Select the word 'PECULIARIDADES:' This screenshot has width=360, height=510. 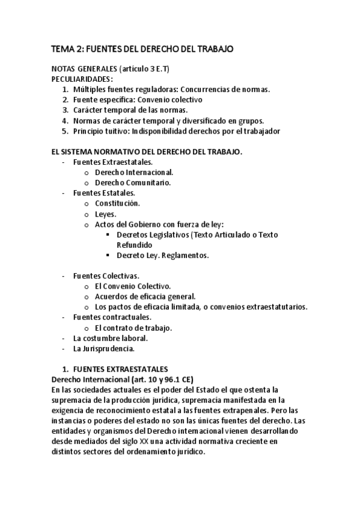tap(82, 79)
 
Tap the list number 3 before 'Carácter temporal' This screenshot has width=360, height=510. tap(65, 110)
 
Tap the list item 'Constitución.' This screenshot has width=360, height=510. tap(118, 203)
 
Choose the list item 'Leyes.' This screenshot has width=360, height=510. tap(106, 214)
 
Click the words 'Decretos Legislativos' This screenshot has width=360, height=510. tap(152, 235)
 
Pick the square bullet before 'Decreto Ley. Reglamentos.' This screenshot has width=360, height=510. tap(108, 256)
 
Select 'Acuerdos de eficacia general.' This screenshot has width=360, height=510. tap(145, 296)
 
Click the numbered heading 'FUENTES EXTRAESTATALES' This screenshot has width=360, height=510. tap(120, 369)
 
